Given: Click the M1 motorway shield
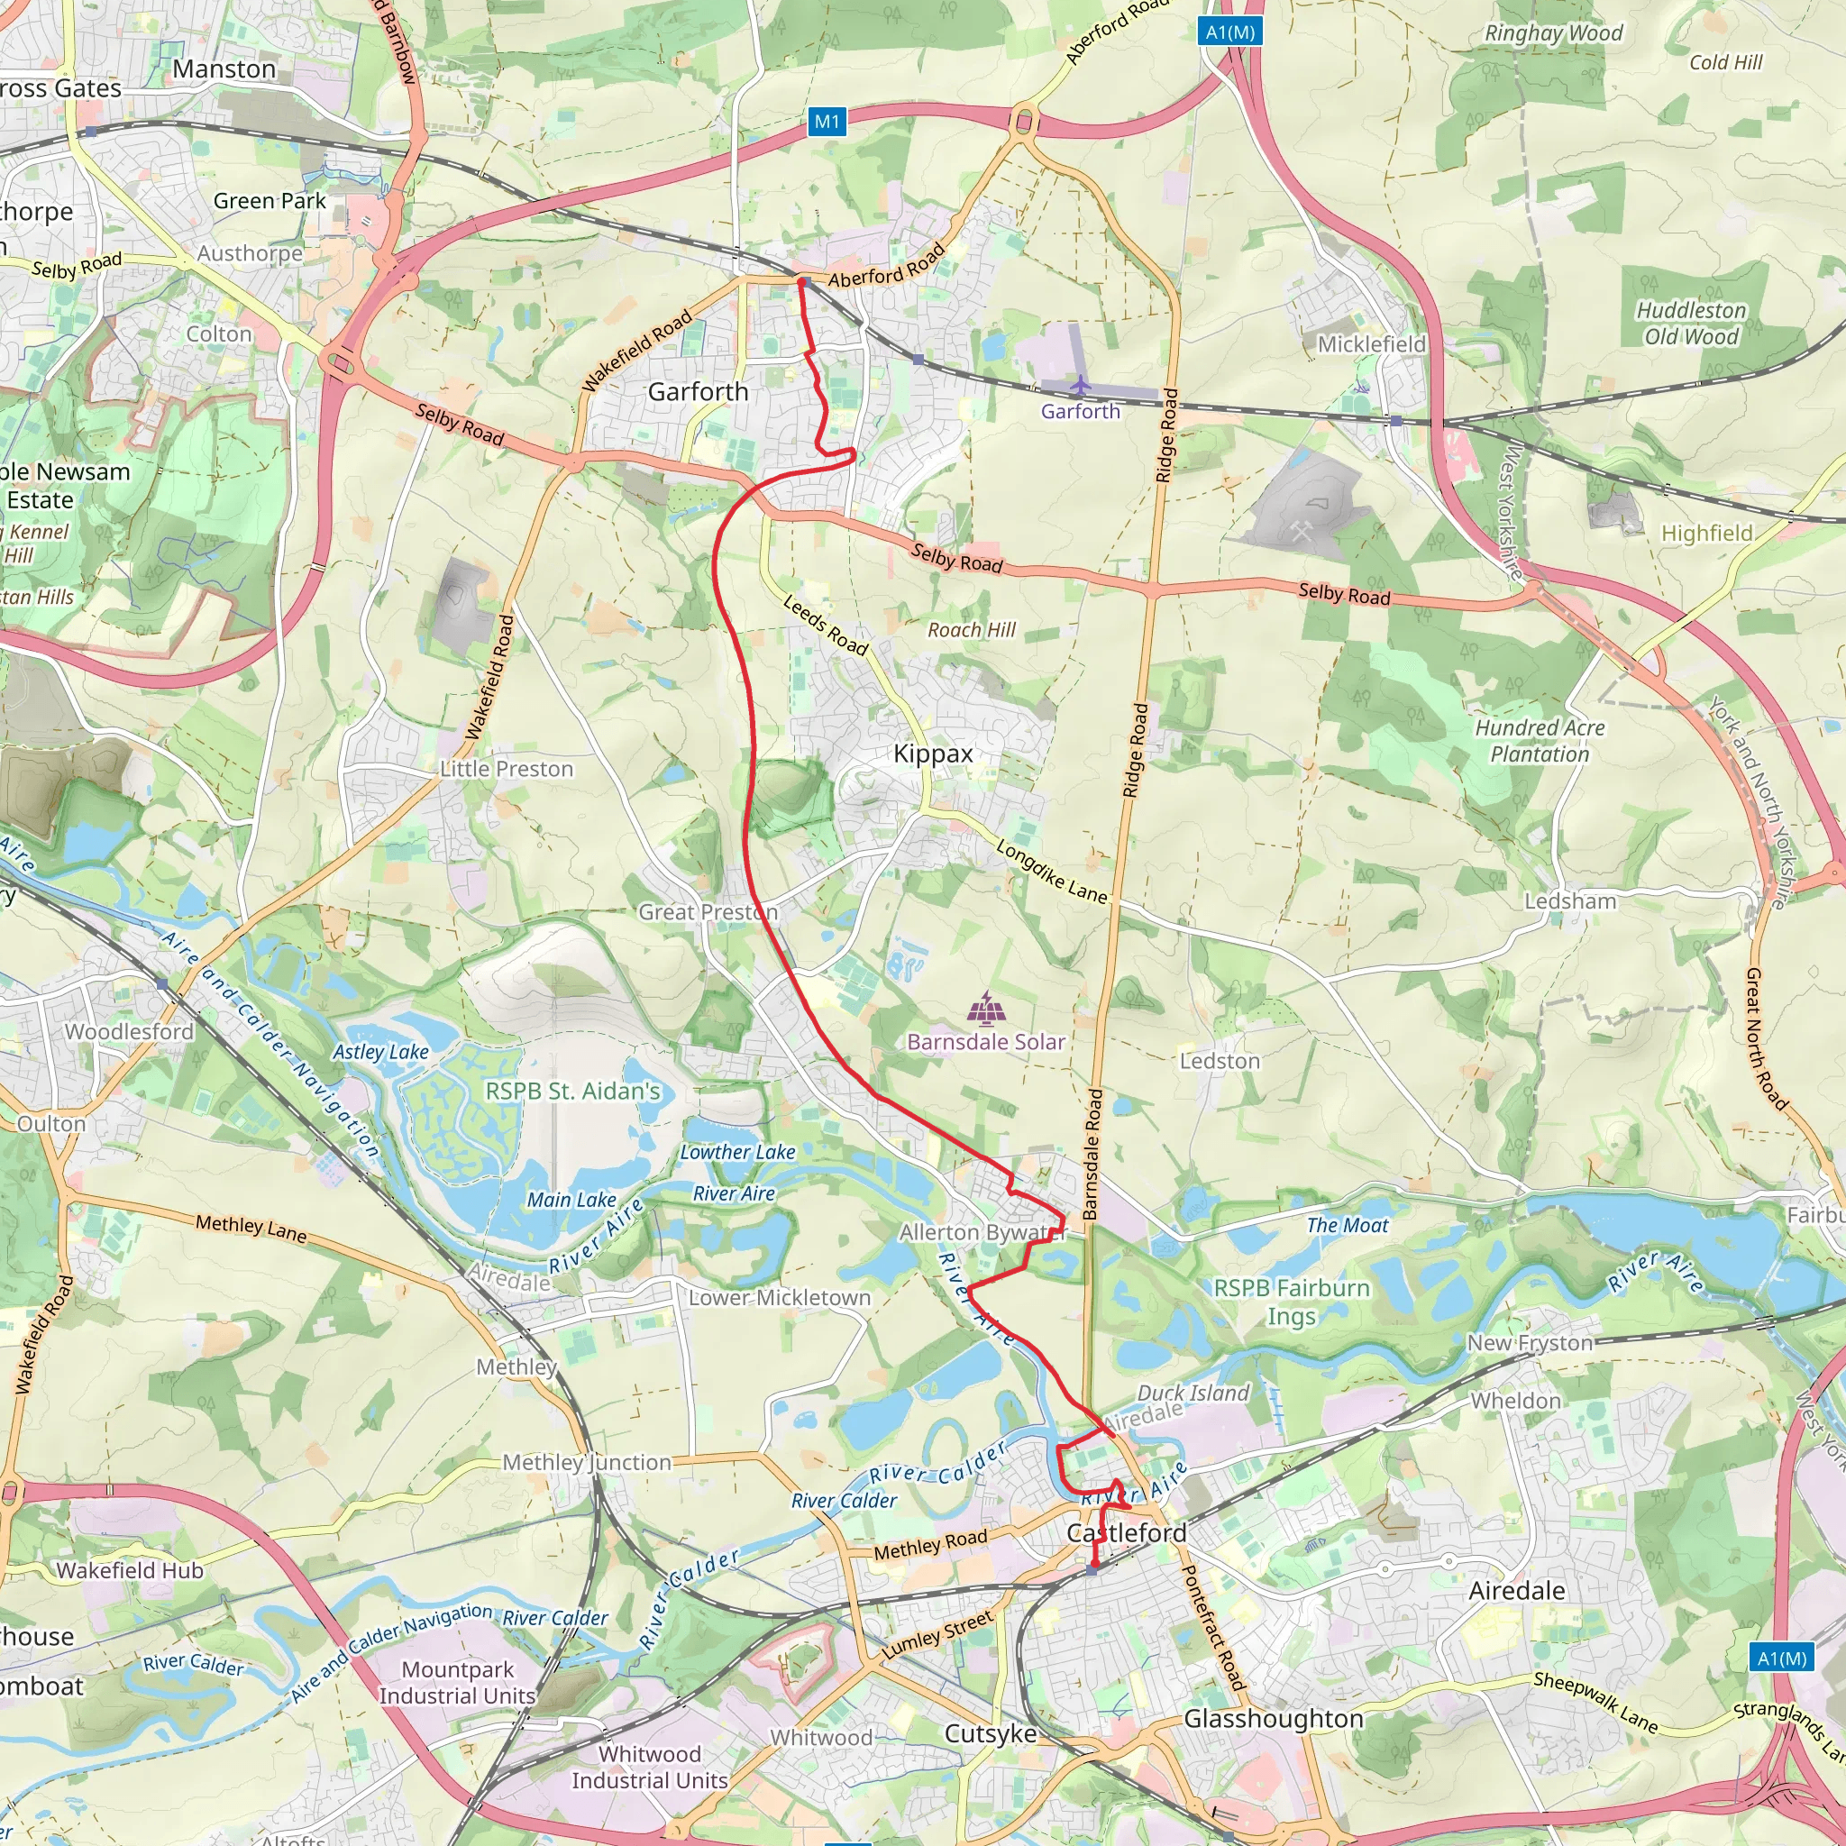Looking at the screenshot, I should (x=827, y=122).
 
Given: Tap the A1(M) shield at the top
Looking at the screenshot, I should (x=1229, y=32).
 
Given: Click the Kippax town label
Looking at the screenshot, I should (x=933, y=754).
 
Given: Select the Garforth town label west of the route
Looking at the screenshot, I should (x=698, y=392).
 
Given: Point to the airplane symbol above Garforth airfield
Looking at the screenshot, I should (x=1080, y=385).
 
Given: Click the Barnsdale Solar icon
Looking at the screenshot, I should (x=985, y=1007).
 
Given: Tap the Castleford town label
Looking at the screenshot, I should (x=1127, y=1532).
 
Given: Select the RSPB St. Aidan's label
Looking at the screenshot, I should (x=572, y=1092).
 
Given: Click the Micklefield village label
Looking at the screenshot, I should (x=1371, y=344).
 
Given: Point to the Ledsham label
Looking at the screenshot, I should (x=1570, y=901).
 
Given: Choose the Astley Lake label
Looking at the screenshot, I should (x=380, y=1052).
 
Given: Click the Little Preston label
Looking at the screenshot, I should (x=507, y=769).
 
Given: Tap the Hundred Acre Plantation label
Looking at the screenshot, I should (x=1540, y=741).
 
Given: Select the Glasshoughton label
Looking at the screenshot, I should (x=1273, y=1719).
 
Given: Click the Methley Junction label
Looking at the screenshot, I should (x=587, y=1462).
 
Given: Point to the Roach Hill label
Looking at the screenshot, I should (x=972, y=630).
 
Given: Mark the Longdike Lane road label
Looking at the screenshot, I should (x=1051, y=872).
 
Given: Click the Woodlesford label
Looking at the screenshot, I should (x=129, y=1032).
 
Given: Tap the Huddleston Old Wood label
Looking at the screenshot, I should (x=1690, y=323).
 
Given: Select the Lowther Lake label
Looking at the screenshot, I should (x=736, y=1152).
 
